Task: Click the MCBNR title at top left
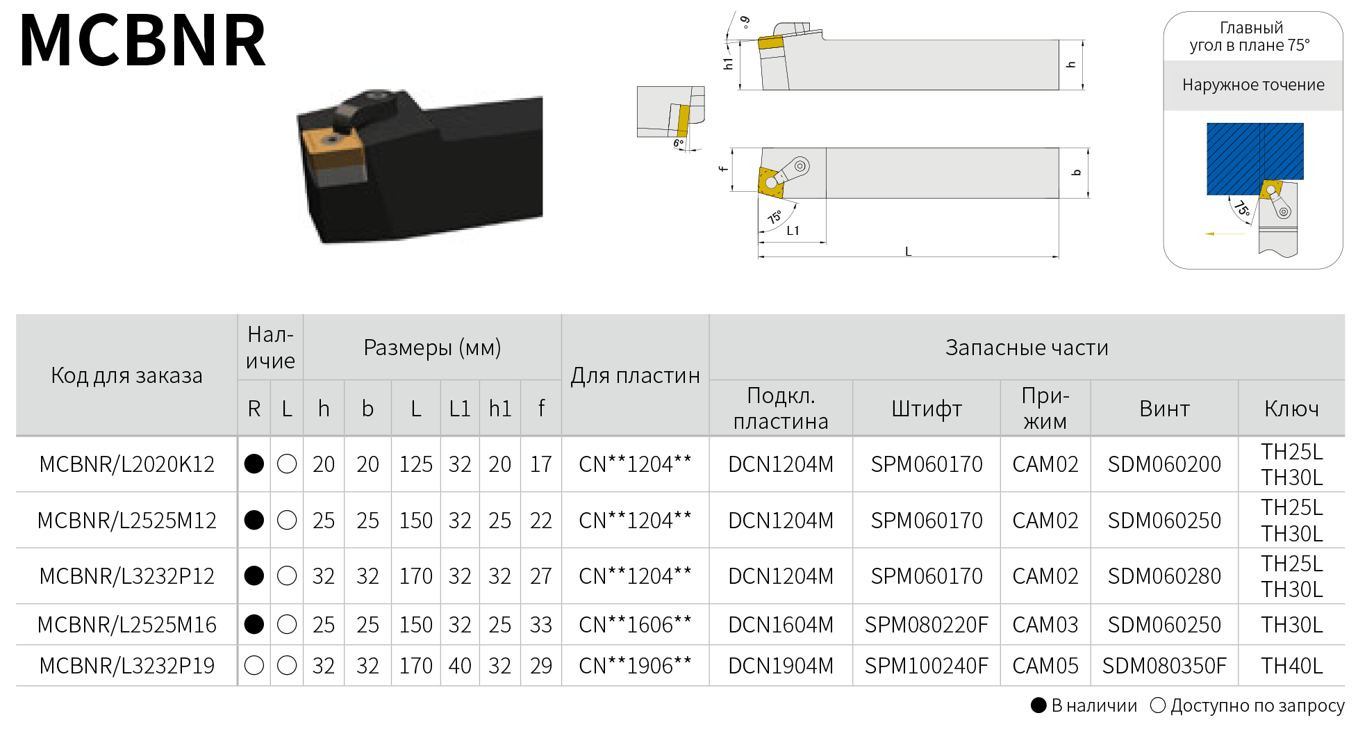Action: click(x=143, y=41)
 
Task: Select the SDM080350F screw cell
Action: click(x=1164, y=666)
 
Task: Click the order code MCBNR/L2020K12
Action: click(x=127, y=464)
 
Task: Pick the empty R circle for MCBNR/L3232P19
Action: click(x=254, y=666)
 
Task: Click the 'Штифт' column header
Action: click(x=927, y=409)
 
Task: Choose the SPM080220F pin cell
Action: click(x=927, y=625)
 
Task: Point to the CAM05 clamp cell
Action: click(x=1045, y=666)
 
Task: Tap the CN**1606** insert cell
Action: click(x=635, y=625)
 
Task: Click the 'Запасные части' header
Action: click(x=1027, y=347)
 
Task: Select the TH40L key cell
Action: click(x=1292, y=666)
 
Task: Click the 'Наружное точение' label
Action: click(x=1253, y=85)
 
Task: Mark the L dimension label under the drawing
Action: click(x=908, y=252)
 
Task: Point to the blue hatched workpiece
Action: click(x=1255, y=158)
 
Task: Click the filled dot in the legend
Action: click(x=1038, y=706)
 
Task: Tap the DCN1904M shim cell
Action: click(x=781, y=666)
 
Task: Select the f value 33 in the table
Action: click(x=541, y=625)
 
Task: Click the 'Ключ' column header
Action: click(x=1291, y=409)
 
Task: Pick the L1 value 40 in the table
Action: click(x=460, y=666)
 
